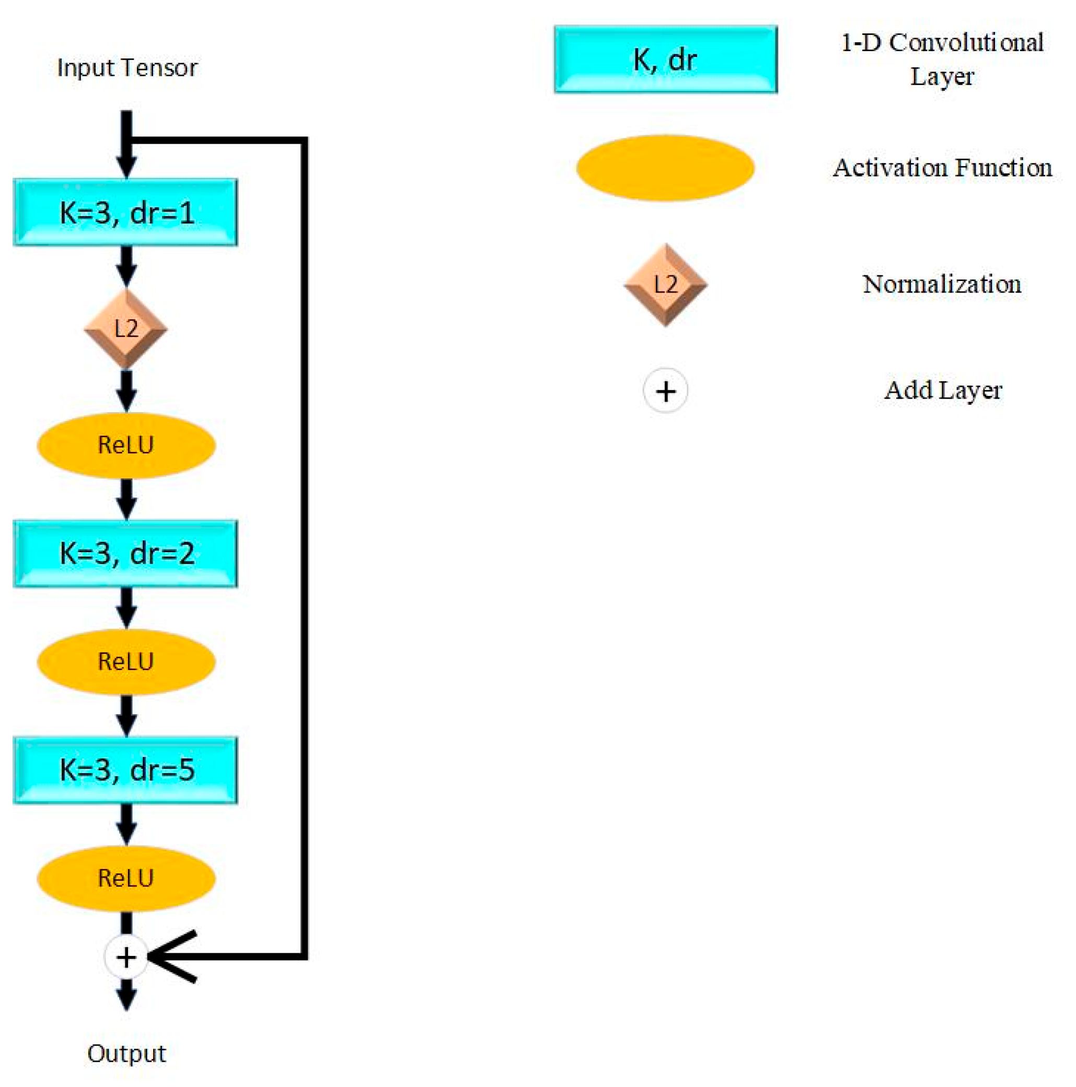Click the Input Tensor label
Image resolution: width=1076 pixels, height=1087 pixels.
pos(127,67)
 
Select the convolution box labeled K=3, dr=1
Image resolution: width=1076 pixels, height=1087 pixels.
pos(125,212)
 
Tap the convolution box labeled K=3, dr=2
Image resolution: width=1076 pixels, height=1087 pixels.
pos(125,554)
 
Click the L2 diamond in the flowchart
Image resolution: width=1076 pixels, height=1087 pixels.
pos(125,329)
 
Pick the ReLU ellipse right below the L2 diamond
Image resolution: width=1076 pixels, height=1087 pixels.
pos(126,445)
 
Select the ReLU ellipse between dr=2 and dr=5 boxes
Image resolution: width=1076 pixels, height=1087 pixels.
pos(126,662)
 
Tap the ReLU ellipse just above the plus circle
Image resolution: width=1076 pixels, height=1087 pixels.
pos(126,878)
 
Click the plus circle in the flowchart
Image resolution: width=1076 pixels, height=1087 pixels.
pos(126,957)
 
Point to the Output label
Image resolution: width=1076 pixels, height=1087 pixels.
pos(126,1054)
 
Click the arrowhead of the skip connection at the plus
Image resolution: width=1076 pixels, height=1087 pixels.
pos(169,956)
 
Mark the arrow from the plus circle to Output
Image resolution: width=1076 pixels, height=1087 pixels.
pos(126,994)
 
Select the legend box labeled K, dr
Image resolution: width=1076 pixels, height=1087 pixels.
pos(665,59)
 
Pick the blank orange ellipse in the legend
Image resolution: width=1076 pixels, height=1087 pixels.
pos(665,168)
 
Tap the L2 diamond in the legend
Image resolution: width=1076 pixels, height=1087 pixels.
pos(665,284)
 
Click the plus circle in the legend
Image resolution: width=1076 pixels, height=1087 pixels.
pos(665,391)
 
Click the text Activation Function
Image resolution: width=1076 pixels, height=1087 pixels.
pos(942,168)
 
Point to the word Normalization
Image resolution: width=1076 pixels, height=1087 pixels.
pos(942,284)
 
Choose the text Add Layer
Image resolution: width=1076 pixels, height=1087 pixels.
pos(943,390)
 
